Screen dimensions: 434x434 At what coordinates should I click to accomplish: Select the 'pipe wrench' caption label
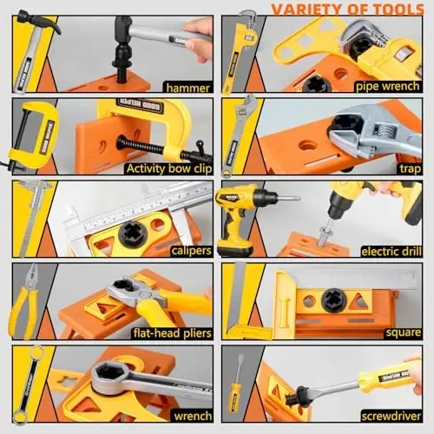click(x=386, y=86)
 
